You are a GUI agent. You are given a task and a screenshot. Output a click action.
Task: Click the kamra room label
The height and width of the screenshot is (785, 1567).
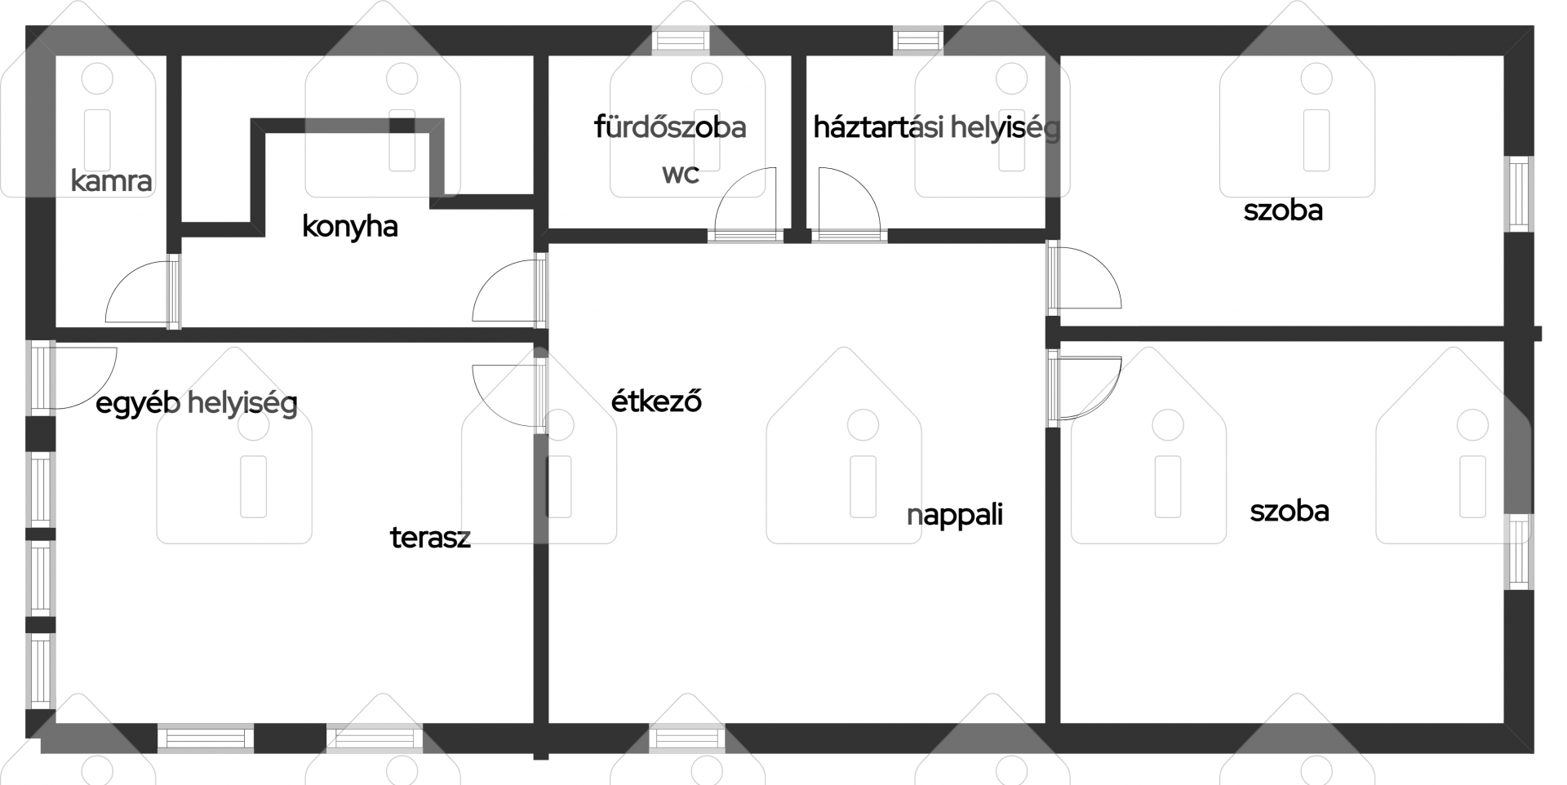[111, 180]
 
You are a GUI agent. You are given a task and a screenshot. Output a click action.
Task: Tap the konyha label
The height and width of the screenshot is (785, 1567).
[349, 226]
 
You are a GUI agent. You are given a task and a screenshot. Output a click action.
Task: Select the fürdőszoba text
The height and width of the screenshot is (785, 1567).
[670, 126]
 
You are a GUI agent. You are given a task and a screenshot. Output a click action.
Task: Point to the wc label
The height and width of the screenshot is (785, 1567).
[681, 174]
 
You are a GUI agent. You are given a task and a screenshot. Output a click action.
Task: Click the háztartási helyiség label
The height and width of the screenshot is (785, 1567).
[936, 127]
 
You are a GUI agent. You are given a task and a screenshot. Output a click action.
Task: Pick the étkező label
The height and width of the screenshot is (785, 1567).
[656, 401]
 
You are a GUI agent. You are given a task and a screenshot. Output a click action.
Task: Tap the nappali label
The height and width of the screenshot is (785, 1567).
[955, 515]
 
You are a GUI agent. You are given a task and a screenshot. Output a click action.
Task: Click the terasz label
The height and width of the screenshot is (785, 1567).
[430, 537]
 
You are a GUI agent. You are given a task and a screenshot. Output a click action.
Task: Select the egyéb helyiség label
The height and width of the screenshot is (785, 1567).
[197, 403]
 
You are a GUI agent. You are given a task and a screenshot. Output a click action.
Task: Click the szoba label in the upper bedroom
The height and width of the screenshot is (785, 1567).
[1283, 211]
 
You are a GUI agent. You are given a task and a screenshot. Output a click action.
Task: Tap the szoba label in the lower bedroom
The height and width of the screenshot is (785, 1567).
[1290, 511]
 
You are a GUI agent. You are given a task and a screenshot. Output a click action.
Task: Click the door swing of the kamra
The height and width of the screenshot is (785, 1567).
[122, 277]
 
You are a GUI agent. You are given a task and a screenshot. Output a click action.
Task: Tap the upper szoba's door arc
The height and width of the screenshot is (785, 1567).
[1103, 265]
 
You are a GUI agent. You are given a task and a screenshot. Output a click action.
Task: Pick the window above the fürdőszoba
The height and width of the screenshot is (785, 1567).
[681, 40]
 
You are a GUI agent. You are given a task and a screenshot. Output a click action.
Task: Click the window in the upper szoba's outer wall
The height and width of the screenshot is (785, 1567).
[1519, 193]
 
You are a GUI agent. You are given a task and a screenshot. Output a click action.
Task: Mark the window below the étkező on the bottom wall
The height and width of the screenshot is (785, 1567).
[687, 738]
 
